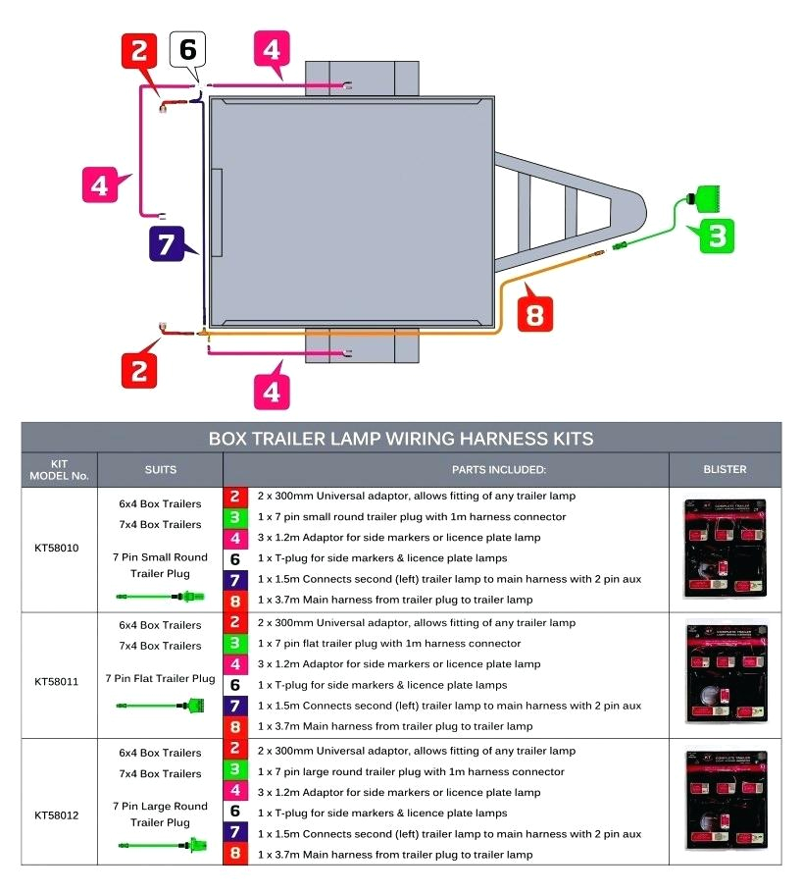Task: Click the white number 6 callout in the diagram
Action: point(188,50)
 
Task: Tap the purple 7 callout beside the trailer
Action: point(167,244)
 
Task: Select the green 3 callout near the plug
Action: point(717,236)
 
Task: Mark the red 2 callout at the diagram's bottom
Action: point(139,369)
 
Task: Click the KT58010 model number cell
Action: point(59,549)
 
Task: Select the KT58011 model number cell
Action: point(59,680)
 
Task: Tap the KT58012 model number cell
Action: point(59,815)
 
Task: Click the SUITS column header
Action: point(160,470)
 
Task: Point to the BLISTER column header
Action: point(725,470)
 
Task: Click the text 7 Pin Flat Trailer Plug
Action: point(161,678)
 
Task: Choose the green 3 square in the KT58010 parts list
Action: point(235,517)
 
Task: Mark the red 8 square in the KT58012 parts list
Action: point(235,854)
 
